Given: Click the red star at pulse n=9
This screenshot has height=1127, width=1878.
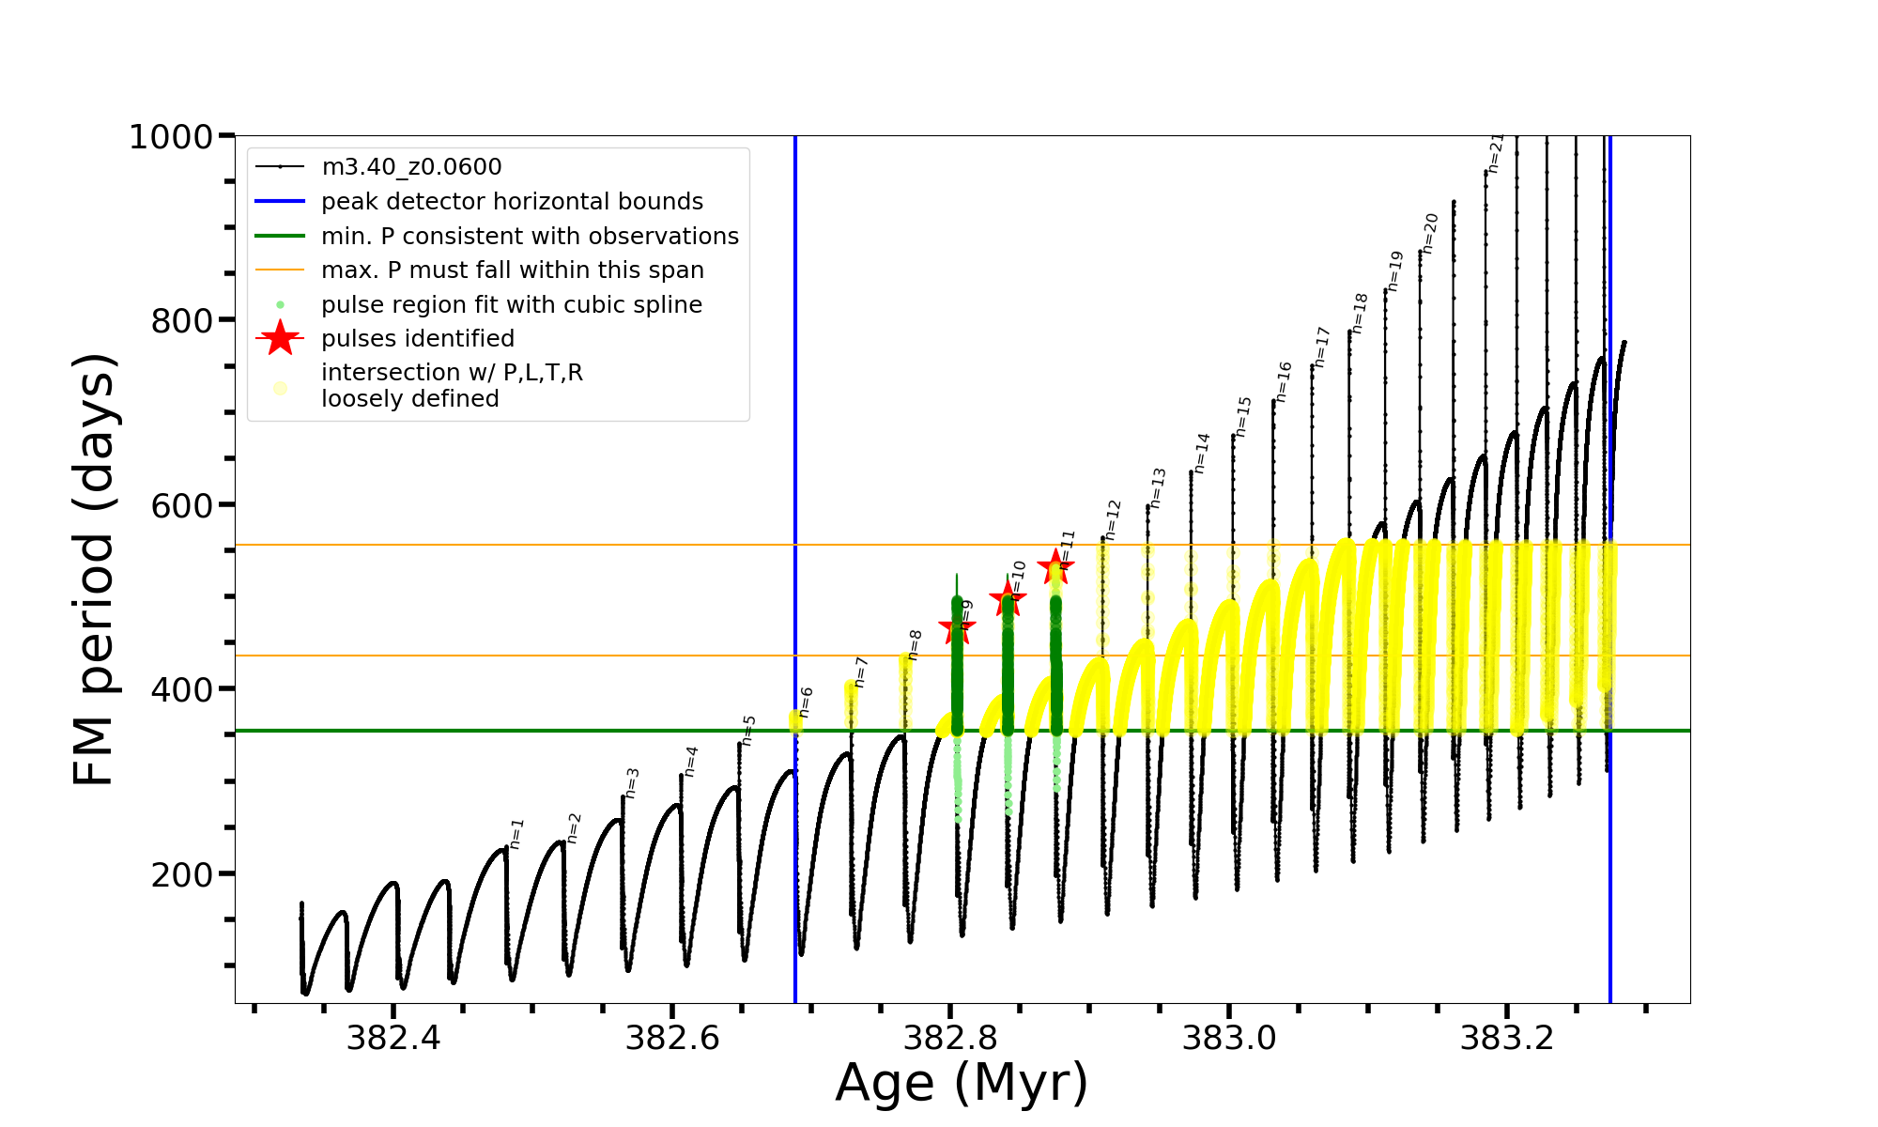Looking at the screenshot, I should (x=957, y=627).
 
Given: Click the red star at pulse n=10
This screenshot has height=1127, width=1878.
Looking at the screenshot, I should (x=1008, y=596).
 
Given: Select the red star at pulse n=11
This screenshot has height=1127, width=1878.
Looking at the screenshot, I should (x=1055, y=566).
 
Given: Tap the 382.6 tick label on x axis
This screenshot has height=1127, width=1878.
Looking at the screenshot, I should (x=671, y=1038).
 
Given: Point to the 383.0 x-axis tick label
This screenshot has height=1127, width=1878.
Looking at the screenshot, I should (x=1229, y=1038).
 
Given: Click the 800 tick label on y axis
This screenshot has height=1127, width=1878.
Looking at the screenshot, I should (x=182, y=321).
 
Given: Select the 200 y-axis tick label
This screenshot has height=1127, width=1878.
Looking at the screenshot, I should (x=182, y=874).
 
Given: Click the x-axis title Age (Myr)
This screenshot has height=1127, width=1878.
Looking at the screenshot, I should (x=962, y=1083).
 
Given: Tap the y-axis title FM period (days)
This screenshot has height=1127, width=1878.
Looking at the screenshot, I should (x=95, y=569).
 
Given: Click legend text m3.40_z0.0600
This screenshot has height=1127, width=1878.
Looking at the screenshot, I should (x=411, y=167).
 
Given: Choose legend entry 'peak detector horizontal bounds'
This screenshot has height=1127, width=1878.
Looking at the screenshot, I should (x=512, y=202).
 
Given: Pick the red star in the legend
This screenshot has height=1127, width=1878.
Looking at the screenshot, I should (x=280, y=338).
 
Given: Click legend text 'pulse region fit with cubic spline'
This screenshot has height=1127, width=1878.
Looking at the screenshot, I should (x=512, y=305).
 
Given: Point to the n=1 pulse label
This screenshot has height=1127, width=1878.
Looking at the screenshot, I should (x=516, y=834).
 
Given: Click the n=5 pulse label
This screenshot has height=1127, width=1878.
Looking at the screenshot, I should (x=748, y=730).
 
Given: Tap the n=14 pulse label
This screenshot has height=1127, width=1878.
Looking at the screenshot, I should (x=1202, y=453).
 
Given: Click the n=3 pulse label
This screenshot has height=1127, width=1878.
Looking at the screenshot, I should (x=632, y=782).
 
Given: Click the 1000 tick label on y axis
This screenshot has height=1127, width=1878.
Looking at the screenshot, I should (x=171, y=137).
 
